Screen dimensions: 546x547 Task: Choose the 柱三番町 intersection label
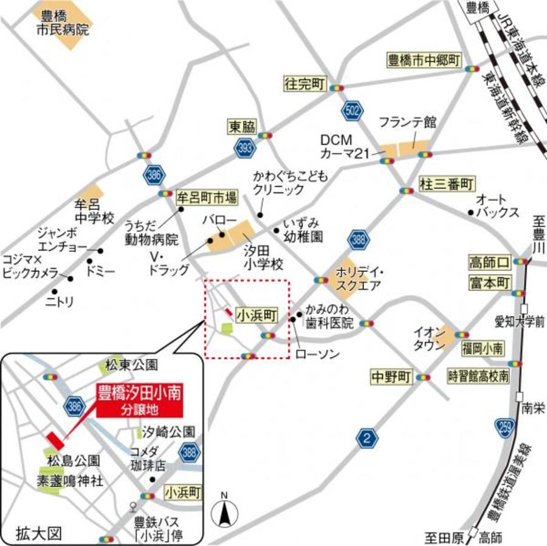(447, 183)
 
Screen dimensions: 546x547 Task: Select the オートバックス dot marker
(470, 212)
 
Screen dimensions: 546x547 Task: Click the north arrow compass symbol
(224, 512)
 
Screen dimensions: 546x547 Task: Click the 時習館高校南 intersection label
(478, 376)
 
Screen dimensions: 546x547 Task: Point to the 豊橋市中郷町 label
(424, 60)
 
